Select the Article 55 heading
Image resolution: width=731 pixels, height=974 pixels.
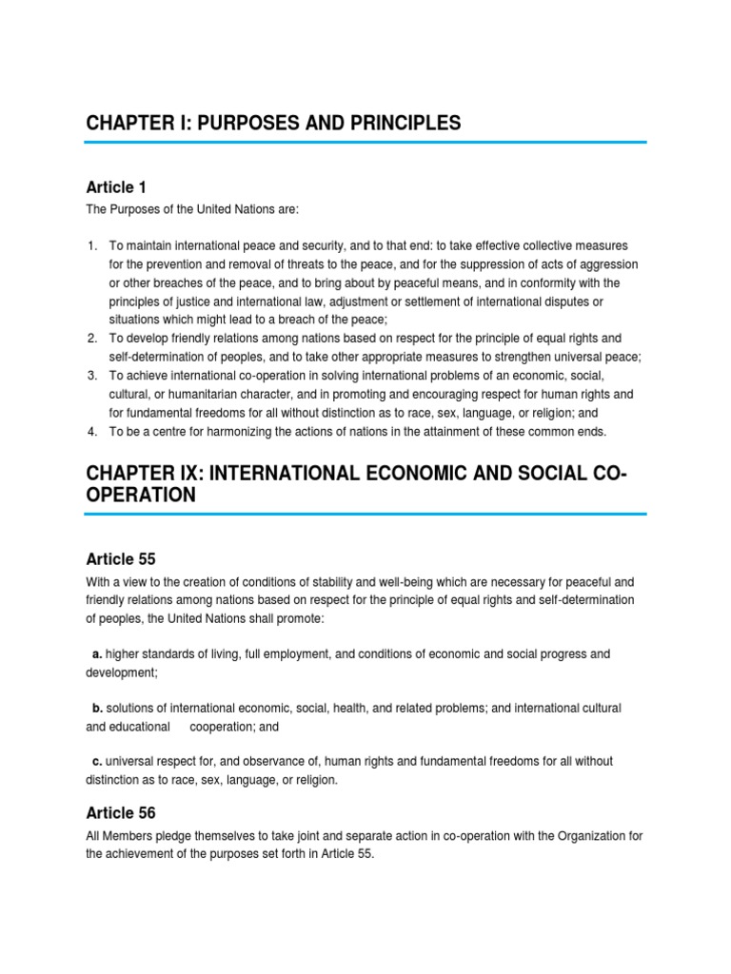120,558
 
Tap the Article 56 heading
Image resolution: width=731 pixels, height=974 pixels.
120,813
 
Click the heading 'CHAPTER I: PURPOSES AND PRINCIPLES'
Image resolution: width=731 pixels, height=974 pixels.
273,123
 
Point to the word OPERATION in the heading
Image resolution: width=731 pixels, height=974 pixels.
141,495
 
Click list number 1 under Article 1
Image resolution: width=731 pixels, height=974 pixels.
91,246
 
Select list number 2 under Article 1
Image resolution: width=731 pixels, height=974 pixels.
91,339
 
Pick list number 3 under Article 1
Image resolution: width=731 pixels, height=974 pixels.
91,376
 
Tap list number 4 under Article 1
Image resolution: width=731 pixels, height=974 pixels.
91,431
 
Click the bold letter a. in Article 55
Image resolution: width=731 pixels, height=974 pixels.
97,654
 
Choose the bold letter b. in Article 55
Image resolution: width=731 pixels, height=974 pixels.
97,709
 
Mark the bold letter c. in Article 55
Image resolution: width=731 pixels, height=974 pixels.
97,762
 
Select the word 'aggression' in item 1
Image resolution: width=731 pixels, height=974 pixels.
606,264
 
